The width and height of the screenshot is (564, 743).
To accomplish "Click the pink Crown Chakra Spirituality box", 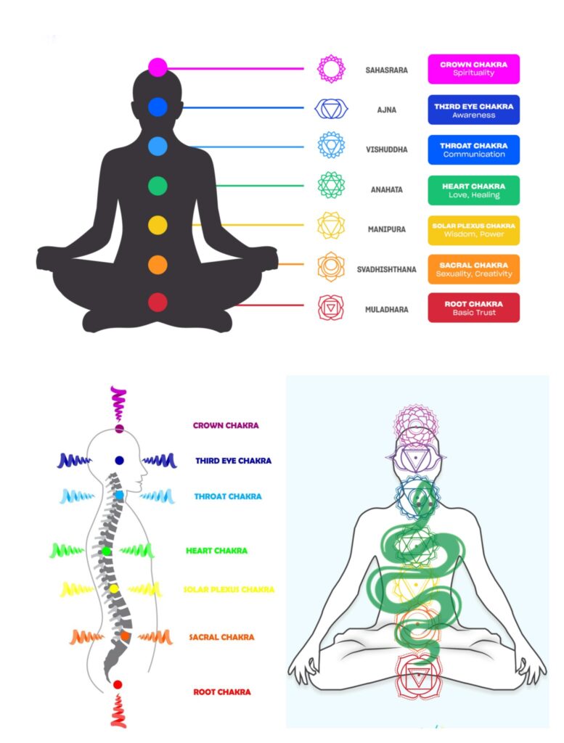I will click(x=473, y=69).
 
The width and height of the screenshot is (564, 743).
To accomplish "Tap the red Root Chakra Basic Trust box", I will click(x=473, y=308).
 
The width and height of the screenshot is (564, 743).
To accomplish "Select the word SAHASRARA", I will click(x=386, y=70).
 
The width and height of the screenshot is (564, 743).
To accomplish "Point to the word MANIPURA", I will click(x=387, y=229).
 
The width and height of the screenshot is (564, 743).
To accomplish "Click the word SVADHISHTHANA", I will click(x=386, y=269).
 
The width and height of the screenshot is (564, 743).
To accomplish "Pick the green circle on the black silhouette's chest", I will click(x=158, y=186).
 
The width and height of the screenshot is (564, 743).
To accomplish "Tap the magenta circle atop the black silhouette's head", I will click(x=158, y=67).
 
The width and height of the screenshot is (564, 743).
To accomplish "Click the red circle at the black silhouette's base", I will click(x=158, y=303).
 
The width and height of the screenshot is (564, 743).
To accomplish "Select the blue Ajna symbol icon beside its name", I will click(x=331, y=109).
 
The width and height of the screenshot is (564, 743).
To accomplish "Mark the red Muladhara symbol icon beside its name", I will click(x=331, y=308).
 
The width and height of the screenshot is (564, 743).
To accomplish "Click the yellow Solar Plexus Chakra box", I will click(x=473, y=229).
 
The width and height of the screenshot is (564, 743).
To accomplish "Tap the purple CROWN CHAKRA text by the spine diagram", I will click(x=226, y=426).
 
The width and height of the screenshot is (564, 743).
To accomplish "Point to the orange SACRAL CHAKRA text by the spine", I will click(x=221, y=637).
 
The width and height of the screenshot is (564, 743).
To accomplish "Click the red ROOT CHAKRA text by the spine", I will click(x=222, y=692).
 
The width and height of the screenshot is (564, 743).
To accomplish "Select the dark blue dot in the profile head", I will click(x=119, y=460).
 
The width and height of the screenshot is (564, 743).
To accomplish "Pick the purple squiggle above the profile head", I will click(x=118, y=403).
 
